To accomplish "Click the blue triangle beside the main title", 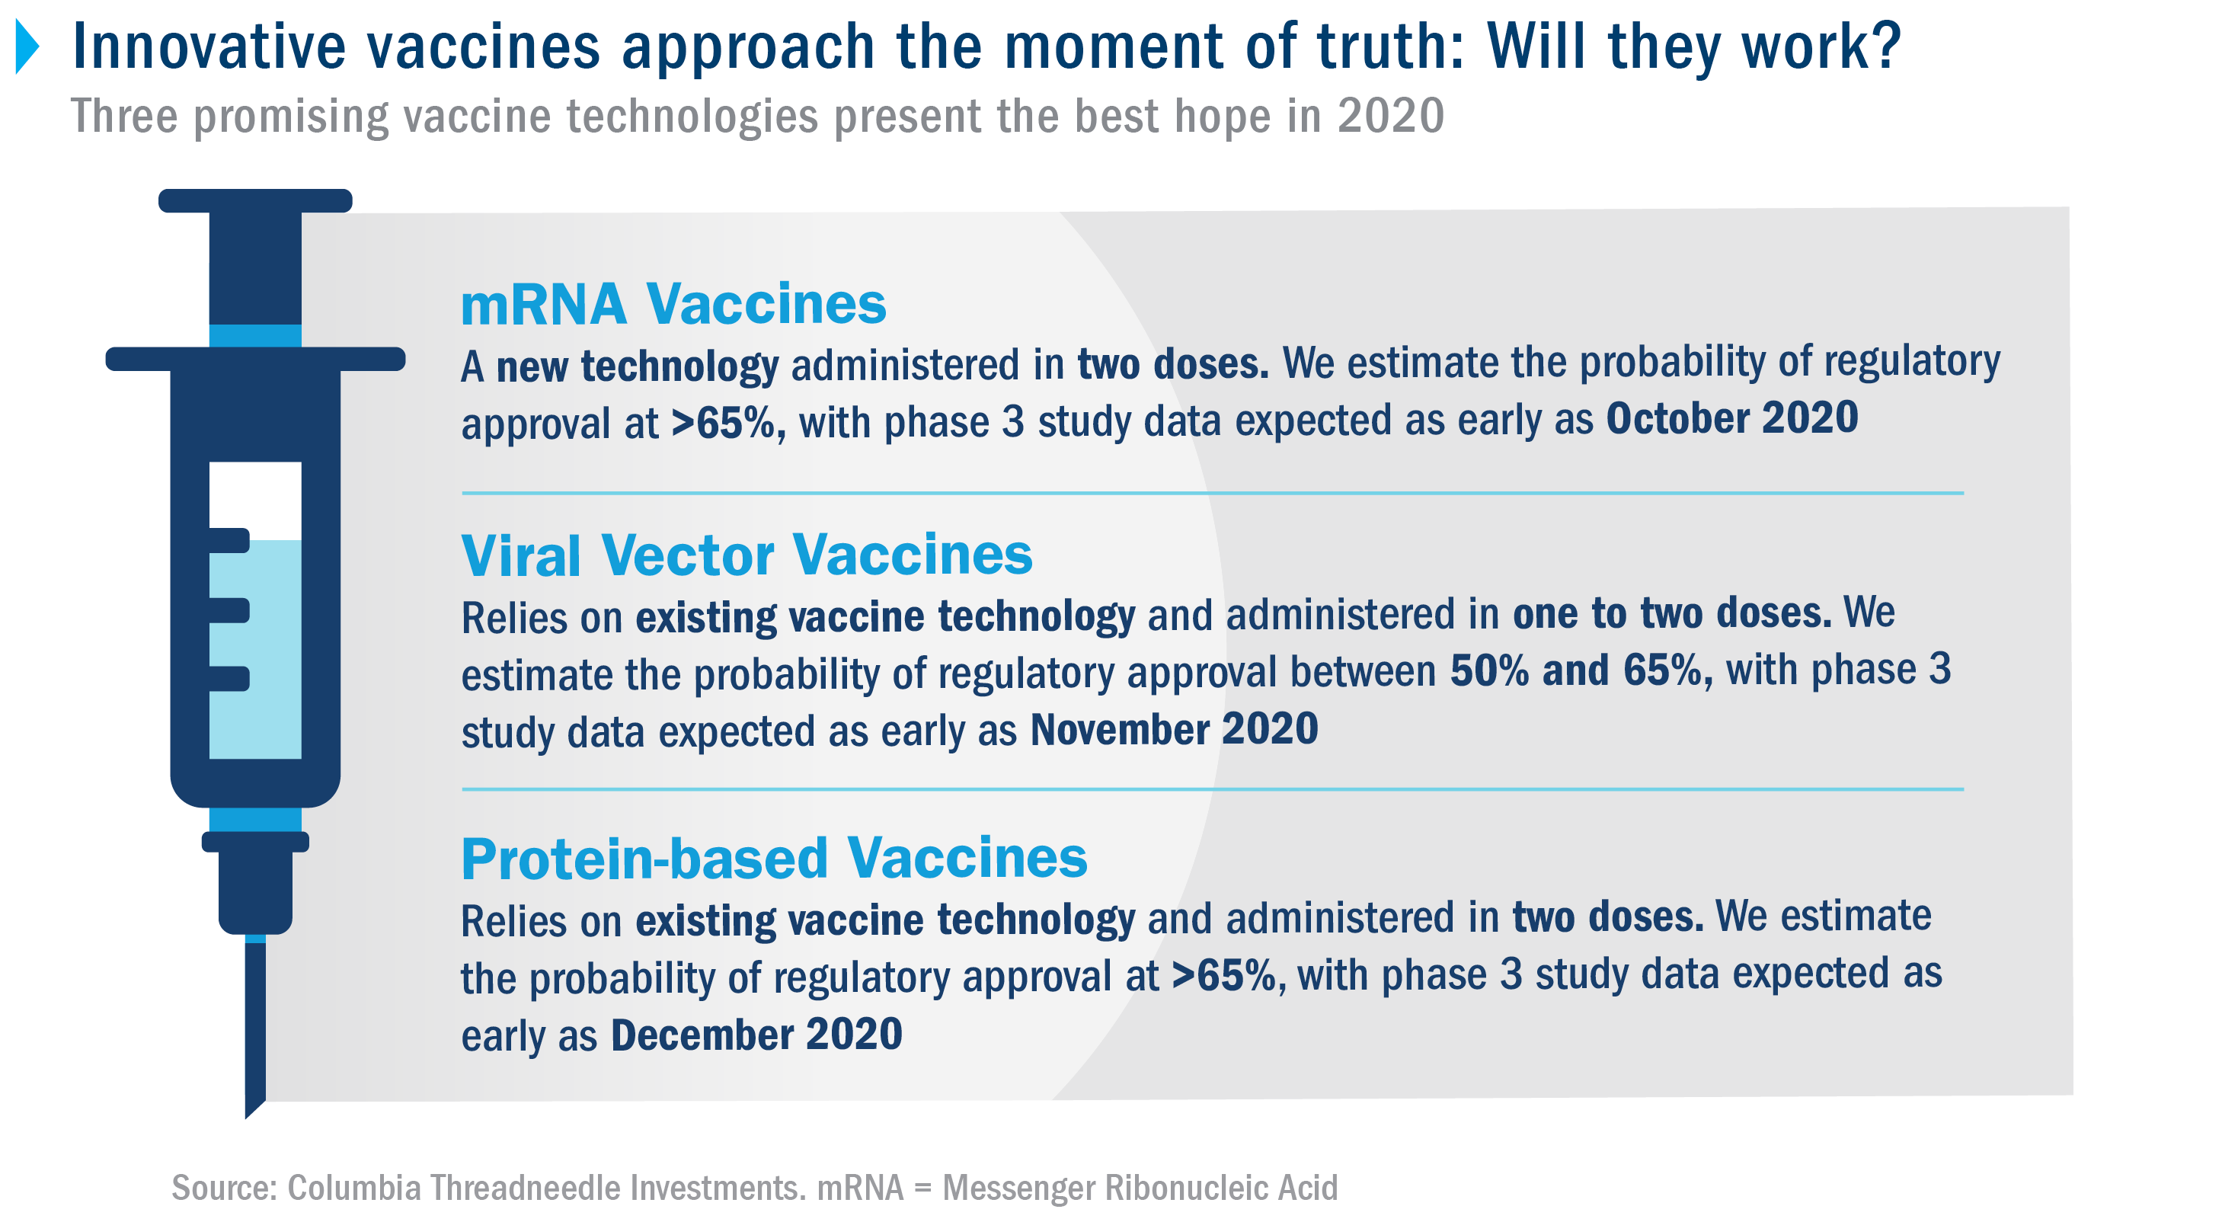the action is tap(27, 46).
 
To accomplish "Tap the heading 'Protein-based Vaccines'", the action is tap(774, 859).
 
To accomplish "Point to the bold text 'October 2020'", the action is tap(1731, 417).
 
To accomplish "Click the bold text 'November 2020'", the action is tap(1174, 729).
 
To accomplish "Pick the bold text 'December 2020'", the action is tap(756, 1034).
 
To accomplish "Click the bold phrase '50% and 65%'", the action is tap(1581, 670).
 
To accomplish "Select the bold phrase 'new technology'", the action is tap(638, 366).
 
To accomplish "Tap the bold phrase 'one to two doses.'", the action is tap(1672, 613).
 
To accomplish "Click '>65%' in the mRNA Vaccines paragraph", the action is tap(727, 423).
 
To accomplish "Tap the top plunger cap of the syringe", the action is tap(255, 200).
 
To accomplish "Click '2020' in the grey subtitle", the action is tap(1390, 116).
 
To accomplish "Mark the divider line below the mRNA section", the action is tap(1213, 493).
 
